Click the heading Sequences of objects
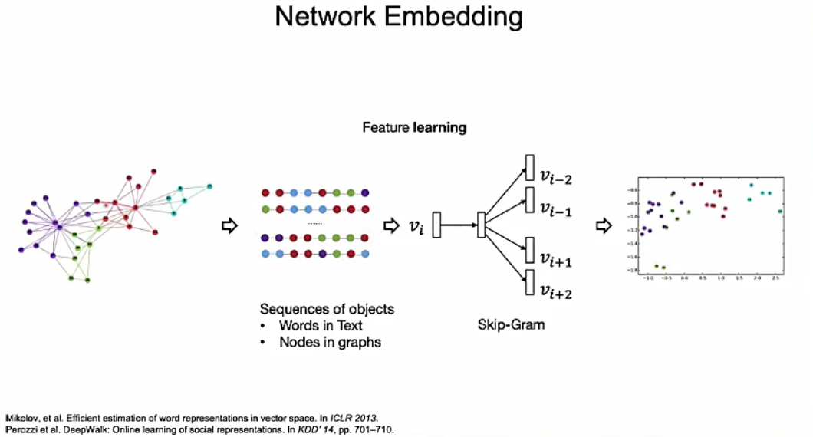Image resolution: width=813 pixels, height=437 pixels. [327, 309]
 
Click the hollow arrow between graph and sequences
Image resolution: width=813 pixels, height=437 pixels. [229, 225]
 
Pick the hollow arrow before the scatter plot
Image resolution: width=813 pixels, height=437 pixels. [604, 225]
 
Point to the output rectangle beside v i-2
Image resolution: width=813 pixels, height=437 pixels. [528, 168]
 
